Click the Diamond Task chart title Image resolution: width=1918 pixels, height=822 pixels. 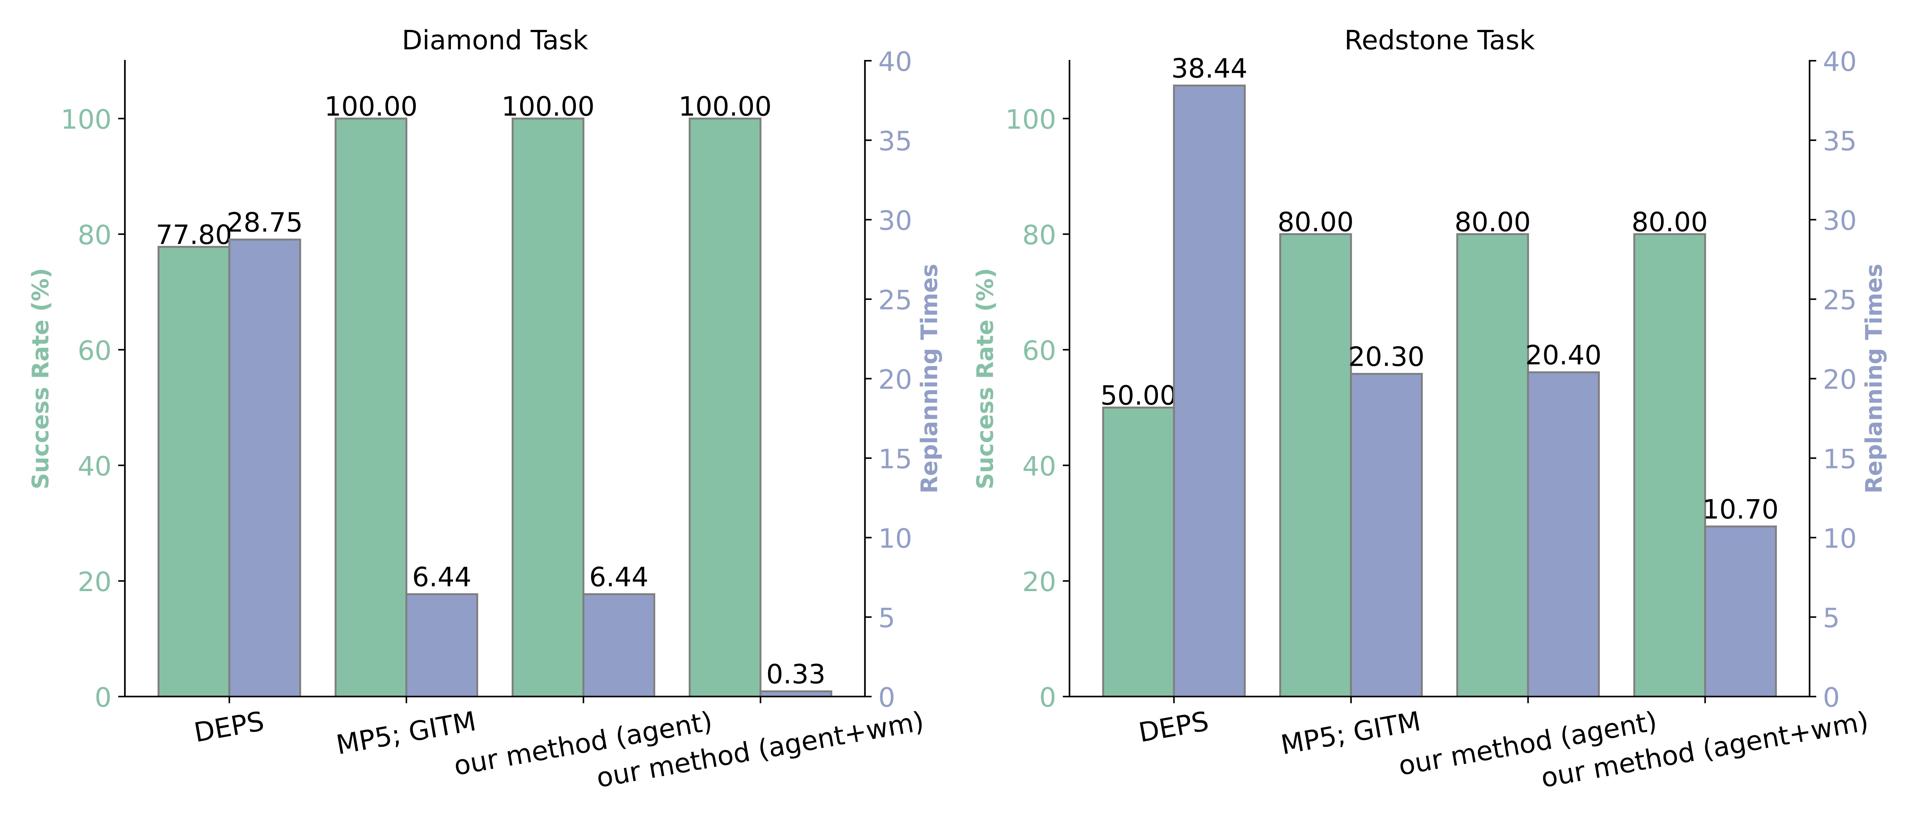click(494, 40)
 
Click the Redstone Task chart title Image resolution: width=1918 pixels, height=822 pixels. click(1438, 40)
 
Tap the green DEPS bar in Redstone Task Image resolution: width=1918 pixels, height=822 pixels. click(1138, 551)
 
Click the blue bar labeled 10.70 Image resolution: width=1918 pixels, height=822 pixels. click(1740, 611)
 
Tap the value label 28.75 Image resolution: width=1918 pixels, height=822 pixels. click(264, 223)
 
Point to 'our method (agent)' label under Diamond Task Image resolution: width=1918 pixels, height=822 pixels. click(583, 743)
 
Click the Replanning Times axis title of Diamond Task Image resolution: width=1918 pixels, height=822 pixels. click(930, 378)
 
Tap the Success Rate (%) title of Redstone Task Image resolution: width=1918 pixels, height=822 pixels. click(985, 378)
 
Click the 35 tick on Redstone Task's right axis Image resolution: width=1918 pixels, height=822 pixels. click(1839, 141)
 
